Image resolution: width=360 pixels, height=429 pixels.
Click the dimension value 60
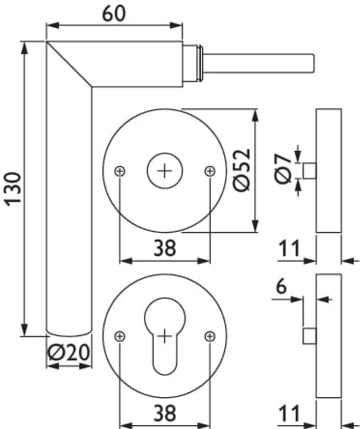point(114,14)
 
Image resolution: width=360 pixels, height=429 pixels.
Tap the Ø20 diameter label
point(69,352)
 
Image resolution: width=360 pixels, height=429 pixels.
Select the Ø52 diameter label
point(242,170)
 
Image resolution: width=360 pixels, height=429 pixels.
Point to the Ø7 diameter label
point(282,168)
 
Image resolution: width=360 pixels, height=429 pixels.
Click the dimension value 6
point(281,286)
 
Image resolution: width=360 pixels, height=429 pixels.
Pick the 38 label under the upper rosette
point(165,248)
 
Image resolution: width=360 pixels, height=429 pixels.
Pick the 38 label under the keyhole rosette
point(165,413)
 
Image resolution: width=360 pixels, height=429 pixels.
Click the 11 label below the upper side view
point(289,248)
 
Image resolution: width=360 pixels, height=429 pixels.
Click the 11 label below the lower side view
point(289,413)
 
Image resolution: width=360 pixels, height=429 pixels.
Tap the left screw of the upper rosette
point(120,171)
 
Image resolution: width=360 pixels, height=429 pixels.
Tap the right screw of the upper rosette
point(210,171)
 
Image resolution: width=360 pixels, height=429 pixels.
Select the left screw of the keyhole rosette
point(120,336)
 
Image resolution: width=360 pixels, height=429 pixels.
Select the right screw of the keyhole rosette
point(210,336)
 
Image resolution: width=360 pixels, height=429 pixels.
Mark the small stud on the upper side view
point(310,171)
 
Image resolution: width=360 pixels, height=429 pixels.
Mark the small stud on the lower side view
point(310,336)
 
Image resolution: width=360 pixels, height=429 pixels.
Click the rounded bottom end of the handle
point(69,336)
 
